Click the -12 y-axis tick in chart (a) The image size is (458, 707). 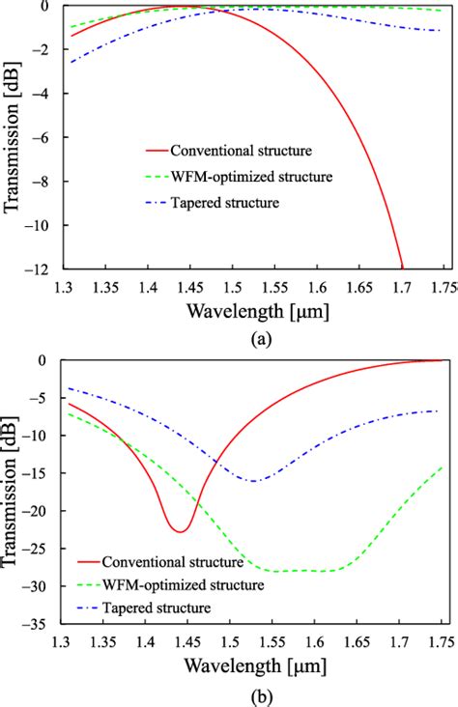tap(42, 269)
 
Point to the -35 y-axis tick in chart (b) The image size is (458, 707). tap(42, 624)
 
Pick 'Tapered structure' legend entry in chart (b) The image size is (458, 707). tap(155, 607)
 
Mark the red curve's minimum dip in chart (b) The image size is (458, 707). tap(179, 531)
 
